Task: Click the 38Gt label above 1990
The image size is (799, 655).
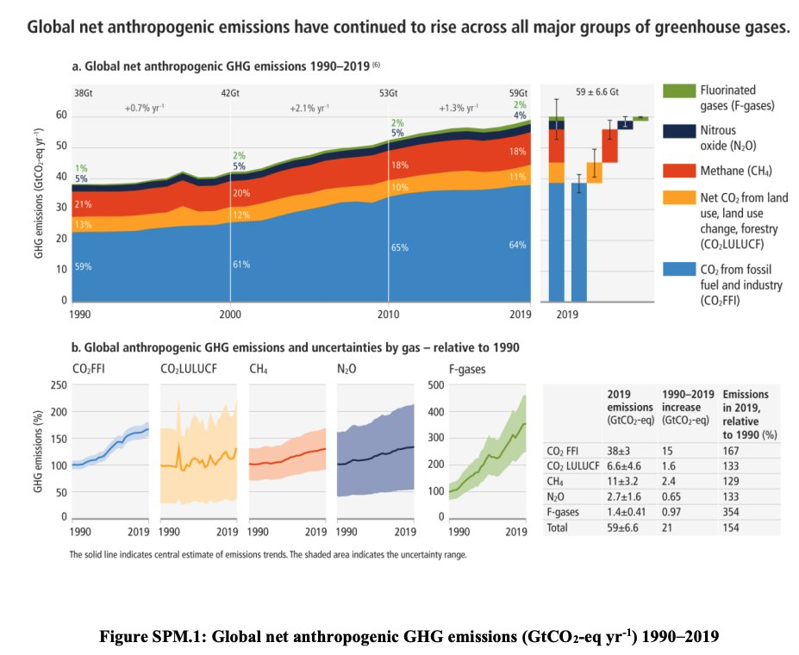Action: pyautogui.click(x=84, y=92)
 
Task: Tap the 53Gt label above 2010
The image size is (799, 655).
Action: pyautogui.click(x=389, y=92)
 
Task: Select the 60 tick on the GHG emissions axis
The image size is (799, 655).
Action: pyautogui.click(x=61, y=115)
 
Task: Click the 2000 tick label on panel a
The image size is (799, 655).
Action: pyautogui.click(x=230, y=314)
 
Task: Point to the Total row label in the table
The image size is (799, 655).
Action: pyautogui.click(x=559, y=527)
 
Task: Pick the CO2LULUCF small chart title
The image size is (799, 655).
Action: pyautogui.click(x=187, y=370)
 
